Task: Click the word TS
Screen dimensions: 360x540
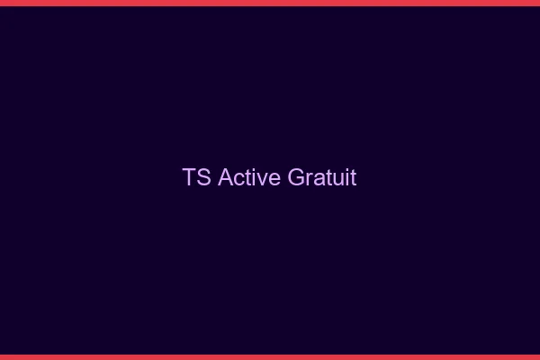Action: [x=197, y=177]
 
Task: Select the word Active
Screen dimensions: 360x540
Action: [x=249, y=177]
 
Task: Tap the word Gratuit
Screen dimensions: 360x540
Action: [x=322, y=177]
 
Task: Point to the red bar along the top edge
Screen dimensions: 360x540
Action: [x=270, y=3]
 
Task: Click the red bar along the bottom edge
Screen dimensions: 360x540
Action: [x=270, y=356]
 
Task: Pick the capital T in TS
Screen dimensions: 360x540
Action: [x=190, y=177]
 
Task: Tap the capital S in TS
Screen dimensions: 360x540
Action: [x=204, y=177]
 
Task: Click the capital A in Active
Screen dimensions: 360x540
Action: [x=225, y=177]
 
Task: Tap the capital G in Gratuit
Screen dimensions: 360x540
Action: [x=297, y=177]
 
